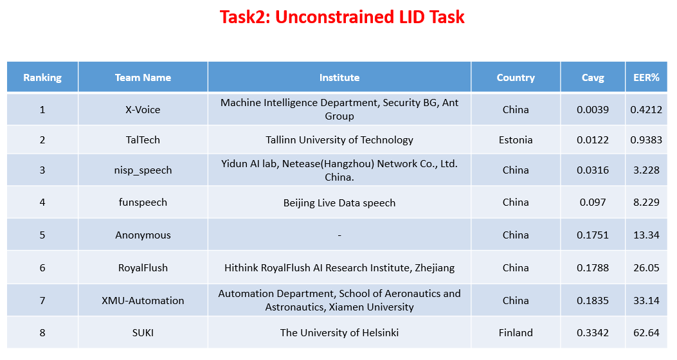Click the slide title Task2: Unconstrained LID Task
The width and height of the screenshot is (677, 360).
pos(342,17)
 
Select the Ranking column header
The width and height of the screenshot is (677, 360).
pos(42,78)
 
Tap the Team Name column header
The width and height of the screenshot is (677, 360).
pos(143,78)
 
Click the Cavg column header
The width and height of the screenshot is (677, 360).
pos(593,78)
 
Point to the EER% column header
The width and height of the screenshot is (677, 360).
pos(646,78)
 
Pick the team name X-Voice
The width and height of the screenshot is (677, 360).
pos(143,109)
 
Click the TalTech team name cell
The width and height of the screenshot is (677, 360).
pos(143,139)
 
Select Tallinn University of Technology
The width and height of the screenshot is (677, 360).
pos(339,139)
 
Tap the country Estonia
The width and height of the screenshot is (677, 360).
pos(516,139)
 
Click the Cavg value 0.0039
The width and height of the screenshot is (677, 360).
pos(593,109)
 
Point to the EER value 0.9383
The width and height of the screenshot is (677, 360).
pos(646,139)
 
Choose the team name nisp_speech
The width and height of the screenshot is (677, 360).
pos(143,170)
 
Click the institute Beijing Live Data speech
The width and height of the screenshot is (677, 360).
pos(339,203)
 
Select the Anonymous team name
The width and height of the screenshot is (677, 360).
pos(143,235)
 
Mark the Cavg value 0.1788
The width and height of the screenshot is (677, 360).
pos(593,267)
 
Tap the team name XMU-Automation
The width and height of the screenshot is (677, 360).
pos(143,300)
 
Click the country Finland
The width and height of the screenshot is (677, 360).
pos(516,333)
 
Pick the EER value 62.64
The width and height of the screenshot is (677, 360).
pos(646,333)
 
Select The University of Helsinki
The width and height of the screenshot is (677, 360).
pos(339,333)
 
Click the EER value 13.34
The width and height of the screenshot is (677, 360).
pos(646,235)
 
